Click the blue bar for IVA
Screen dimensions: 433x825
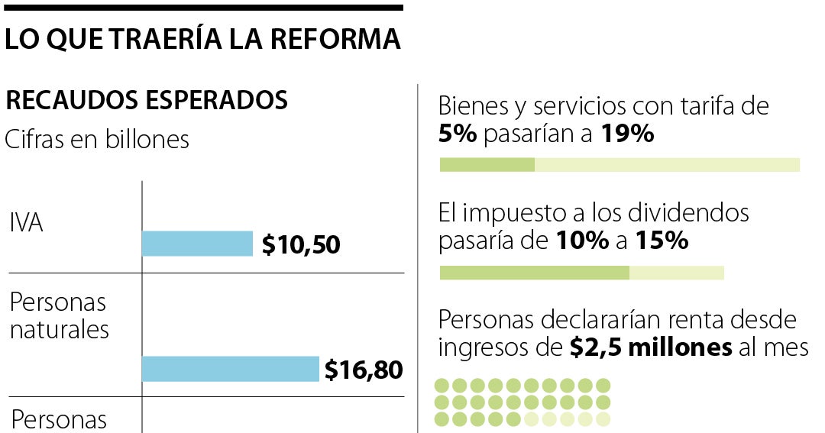click(197, 244)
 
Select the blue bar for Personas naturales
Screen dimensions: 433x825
click(230, 369)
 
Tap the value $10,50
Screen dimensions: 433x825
click(301, 245)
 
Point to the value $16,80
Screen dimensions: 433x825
click(364, 370)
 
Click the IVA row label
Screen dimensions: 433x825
click(26, 224)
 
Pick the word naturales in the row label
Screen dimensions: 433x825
click(59, 330)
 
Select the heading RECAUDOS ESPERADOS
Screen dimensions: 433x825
click(147, 101)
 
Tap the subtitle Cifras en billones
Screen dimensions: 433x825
click(97, 140)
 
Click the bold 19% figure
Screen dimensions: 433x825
click(627, 134)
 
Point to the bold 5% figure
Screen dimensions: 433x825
click(458, 134)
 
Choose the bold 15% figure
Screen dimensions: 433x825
click(661, 241)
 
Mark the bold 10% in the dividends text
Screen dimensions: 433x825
click(581, 241)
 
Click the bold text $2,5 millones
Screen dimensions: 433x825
click(651, 347)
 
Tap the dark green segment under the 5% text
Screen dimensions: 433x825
click(487, 165)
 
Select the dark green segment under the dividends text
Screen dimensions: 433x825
click(534, 273)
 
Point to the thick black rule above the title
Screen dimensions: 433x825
click(202, 8)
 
